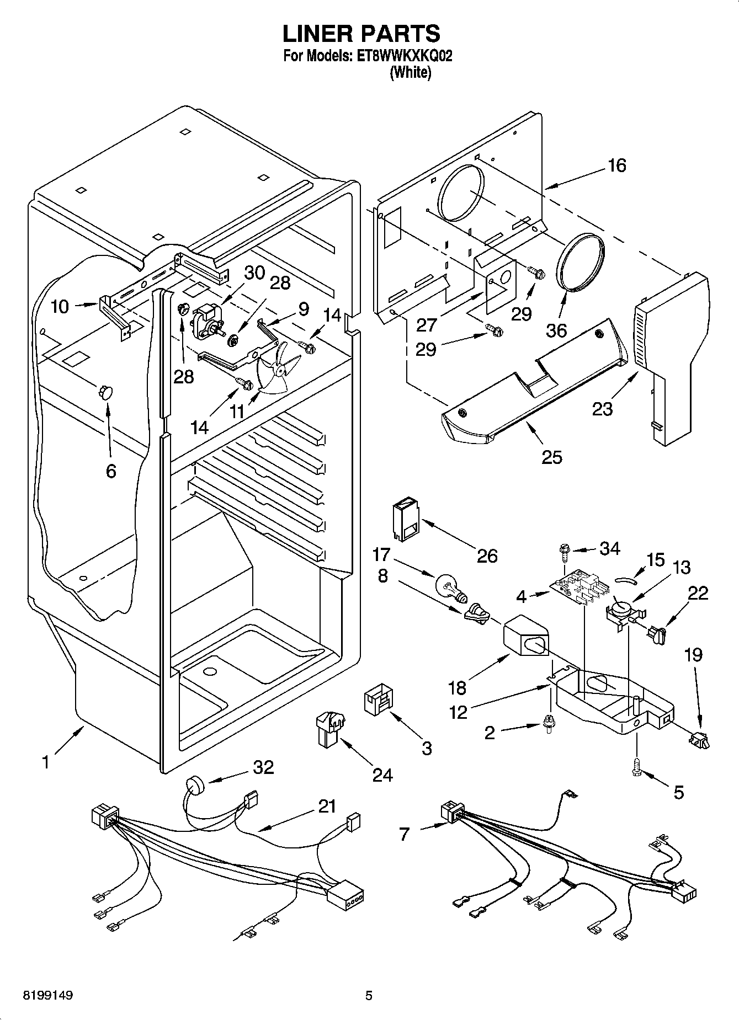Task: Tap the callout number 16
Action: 617,165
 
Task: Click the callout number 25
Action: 552,457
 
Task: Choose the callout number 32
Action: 263,767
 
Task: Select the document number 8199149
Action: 48,996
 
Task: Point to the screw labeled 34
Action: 563,551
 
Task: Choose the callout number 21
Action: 327,806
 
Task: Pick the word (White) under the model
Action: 410,73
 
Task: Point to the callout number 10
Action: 60,307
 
